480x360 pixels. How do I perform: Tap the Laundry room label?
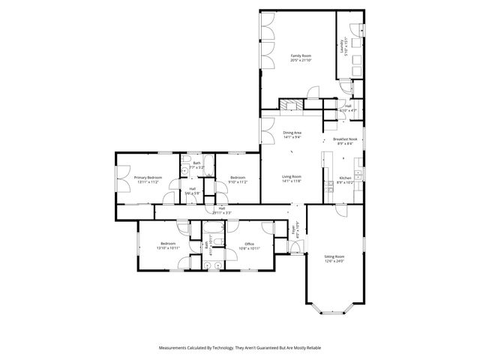(341, 48)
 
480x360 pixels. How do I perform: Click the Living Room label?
(291, 178)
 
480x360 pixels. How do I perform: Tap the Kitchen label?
(344, 179)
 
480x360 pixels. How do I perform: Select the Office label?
(249, 244)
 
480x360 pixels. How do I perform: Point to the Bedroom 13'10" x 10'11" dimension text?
(167, 247)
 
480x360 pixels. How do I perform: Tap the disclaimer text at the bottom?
(239, 348)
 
